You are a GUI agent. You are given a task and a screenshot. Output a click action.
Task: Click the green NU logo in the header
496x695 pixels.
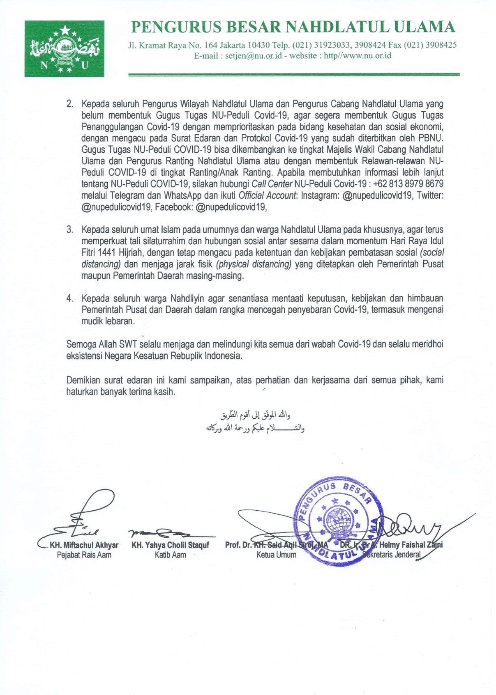(x=64, y=48)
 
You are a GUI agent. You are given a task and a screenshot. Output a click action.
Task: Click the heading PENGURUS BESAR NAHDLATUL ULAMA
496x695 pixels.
(x=293, y=27)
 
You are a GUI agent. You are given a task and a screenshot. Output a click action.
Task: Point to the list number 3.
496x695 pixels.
(x=70, y=229)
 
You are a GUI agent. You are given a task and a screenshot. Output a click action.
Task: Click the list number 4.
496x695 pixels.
(x=70, y=298)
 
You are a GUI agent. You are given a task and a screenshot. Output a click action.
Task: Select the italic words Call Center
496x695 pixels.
(x=272, y=184)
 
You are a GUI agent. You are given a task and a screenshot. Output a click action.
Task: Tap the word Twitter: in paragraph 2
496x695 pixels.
(x=430, y=195)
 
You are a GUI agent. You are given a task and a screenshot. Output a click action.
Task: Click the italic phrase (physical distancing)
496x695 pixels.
(x=254, y=264)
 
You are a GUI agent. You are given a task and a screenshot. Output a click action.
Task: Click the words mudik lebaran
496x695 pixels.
(x=108, y=321)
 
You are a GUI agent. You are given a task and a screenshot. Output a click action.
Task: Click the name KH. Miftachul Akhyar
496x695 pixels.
(x=84, y=545)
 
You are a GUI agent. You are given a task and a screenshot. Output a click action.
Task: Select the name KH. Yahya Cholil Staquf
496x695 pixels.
(x=170, y=545)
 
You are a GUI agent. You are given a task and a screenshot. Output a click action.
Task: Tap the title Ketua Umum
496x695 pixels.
(x=276, y=555)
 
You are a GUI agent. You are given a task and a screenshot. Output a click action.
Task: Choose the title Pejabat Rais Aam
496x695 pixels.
(x=84, y=555)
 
